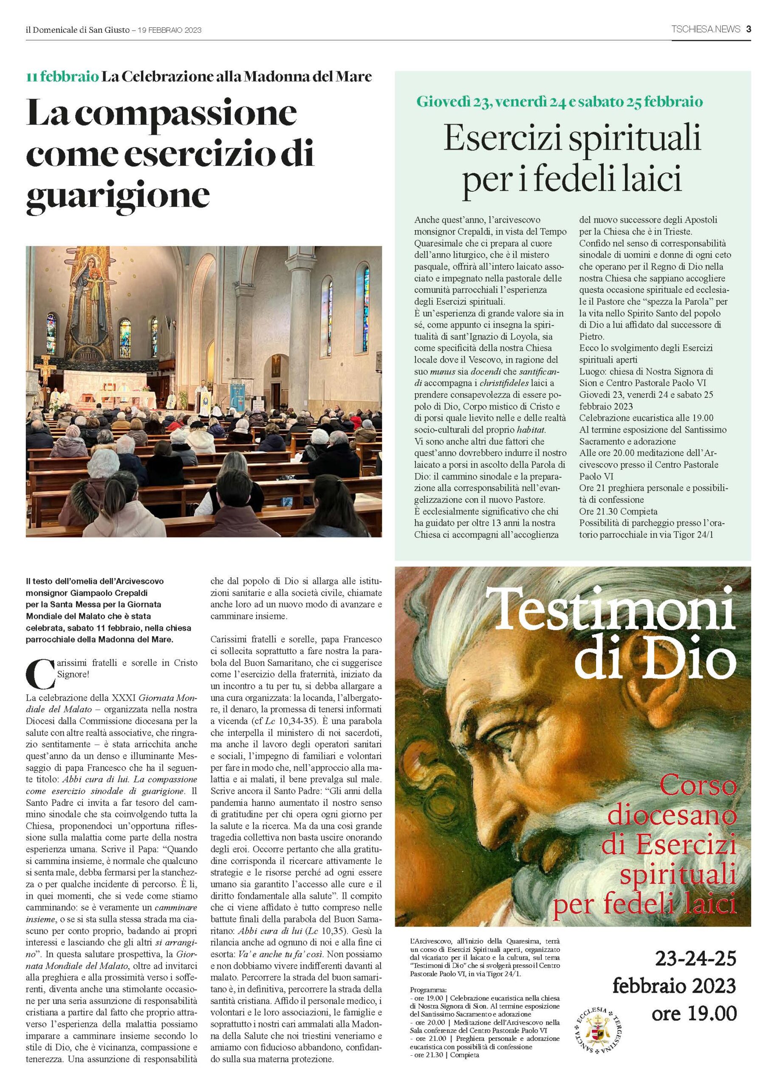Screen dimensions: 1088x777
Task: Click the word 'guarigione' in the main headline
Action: pyautogui.click(x=118, y=195)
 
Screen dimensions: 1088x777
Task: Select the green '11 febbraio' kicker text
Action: pyautogui.click(x=63, y=77)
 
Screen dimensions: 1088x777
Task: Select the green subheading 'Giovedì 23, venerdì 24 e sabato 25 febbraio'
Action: pyautogui.click(x=559, y=102)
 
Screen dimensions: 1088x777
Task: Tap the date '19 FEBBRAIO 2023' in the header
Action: pyautogui.click(x=170, y=30)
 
